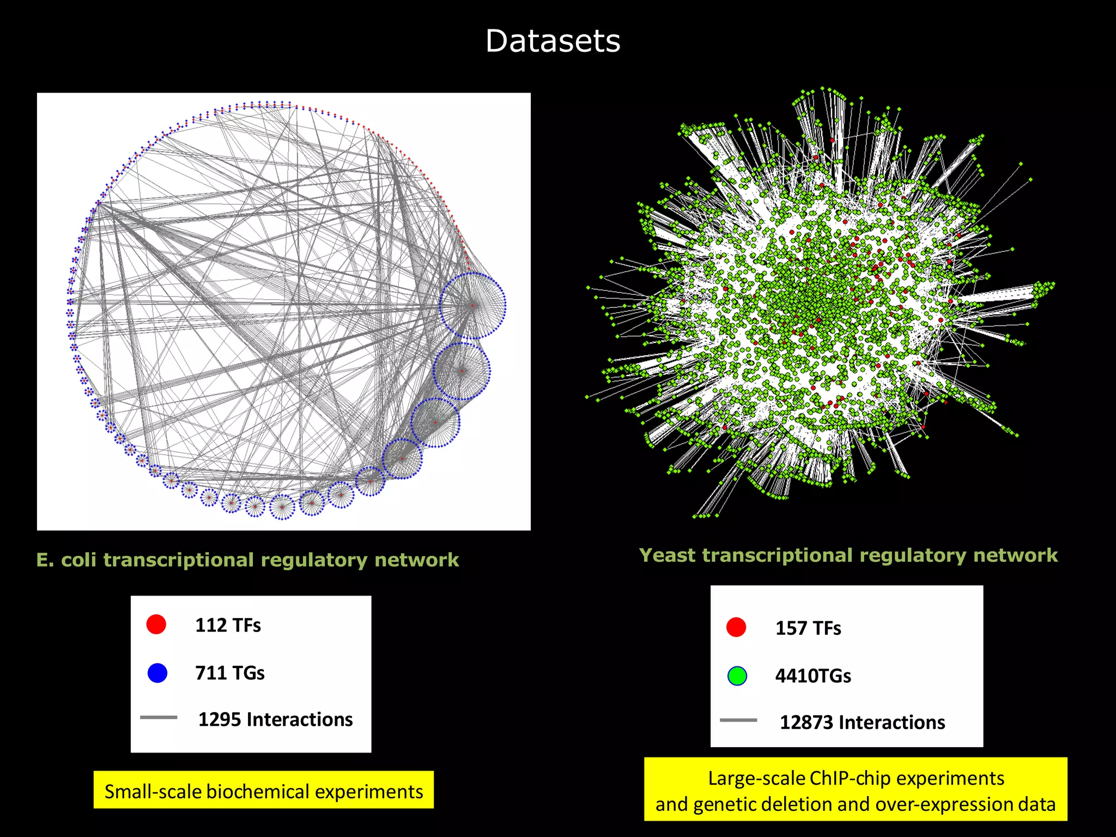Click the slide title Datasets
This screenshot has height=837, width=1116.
553,41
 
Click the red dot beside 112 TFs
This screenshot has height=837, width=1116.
156,624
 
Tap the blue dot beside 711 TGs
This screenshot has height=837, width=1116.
157,673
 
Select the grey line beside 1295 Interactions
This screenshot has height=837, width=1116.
159,718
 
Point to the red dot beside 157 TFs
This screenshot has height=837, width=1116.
736,627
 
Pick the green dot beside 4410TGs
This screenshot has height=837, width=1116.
737,676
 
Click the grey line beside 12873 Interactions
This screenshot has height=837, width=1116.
738,720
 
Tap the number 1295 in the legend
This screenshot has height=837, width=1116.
220,720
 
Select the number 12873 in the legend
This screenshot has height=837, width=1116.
806,723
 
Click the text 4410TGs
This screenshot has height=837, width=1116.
813,676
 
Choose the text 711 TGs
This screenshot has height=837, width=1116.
230,673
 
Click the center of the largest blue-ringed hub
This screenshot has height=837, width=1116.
473,306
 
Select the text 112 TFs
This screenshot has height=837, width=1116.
228,625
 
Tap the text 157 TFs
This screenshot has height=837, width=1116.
808,628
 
